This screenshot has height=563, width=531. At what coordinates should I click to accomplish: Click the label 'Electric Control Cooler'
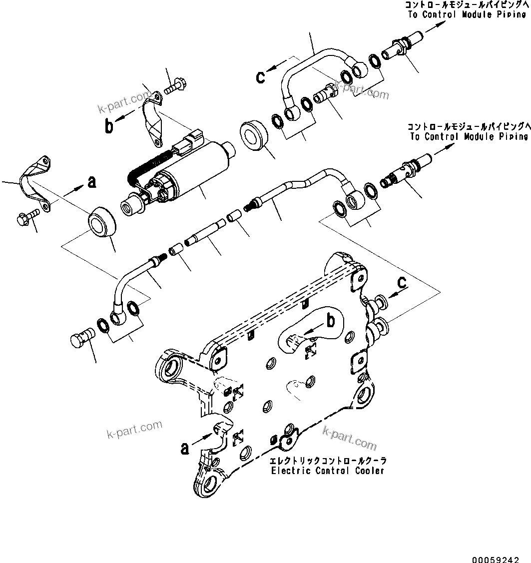[328, 471]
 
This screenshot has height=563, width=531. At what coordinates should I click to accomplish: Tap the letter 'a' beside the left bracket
[91, 183]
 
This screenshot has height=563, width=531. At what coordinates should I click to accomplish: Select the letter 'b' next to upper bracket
[109, 126]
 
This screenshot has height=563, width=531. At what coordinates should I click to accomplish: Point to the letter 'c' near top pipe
[261, 76]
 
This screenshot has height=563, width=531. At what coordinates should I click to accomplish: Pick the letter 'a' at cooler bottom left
[185, 449]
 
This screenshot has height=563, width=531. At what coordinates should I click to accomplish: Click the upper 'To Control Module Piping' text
[467, 14]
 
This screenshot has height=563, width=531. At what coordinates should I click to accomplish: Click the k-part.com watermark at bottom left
[134, 429]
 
